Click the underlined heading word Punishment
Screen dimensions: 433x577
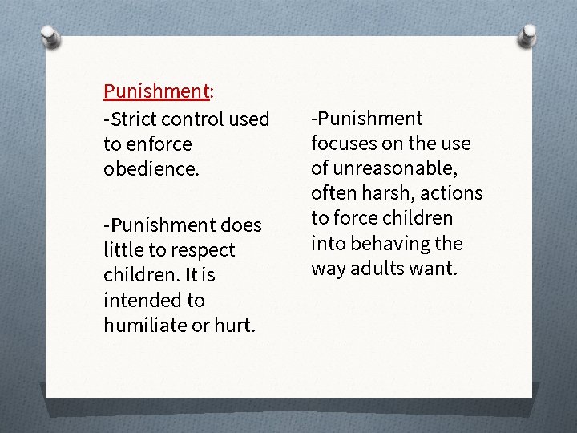pyautogui.click(x=156, y=91)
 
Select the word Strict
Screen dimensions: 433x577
pyautogui.click(x=133, y=119)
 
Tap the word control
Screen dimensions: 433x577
pyautogui.click(x=193, y=119)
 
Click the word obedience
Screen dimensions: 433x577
pyautogui.click(x=150, y=169)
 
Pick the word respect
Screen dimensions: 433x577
pyautogui.click(x=201, y=250)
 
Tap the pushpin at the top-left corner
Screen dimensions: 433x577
pyautogui.click(x=50, y=36)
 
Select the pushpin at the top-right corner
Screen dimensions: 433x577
pyautogui.click(x=528, y=34)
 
